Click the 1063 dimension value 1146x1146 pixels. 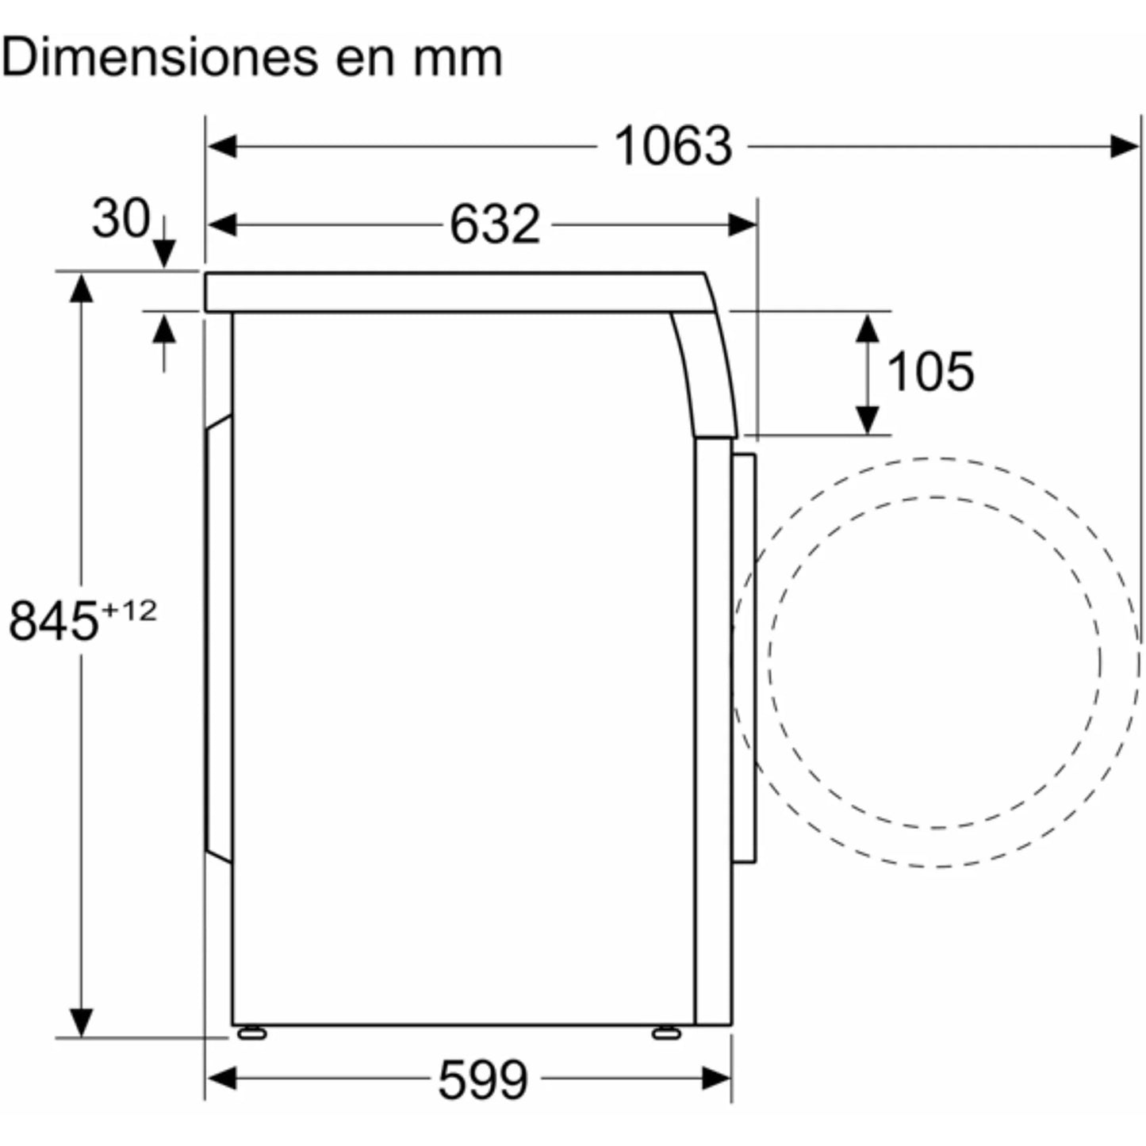click(673, 146)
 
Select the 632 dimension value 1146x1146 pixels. click(495, 224)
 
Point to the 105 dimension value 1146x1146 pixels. click(930, 371)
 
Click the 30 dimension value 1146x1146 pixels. click(121, 219)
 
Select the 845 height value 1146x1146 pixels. click(53, 621)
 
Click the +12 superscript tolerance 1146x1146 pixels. click(129, 610)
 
